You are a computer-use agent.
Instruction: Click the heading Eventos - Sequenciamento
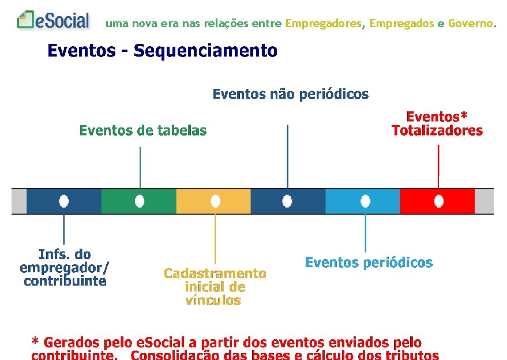[x=162, y=51]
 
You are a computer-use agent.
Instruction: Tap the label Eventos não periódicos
[x=290, y=94]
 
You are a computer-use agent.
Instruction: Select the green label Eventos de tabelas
[x=142, y=130]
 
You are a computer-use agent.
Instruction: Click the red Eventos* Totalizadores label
[x=437, y=123]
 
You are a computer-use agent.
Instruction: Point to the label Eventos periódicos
[x=369, y=262]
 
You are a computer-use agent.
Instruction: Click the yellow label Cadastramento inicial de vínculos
[x=215, y=287]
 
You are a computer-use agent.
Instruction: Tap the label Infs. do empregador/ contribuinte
[x=65, y=268]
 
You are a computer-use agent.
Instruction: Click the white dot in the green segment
[x=139, y=201]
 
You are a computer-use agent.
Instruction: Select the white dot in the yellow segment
[x=215, y=201]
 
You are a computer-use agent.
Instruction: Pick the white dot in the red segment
[x=439, y=201]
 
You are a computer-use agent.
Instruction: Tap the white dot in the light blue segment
[x=365, y=201]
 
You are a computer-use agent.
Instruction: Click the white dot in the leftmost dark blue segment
[x=63, y=201]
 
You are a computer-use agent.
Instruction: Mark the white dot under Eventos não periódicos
[x=287, y=201]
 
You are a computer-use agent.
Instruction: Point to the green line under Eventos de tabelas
[x=140, y=167]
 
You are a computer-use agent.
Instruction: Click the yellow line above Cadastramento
[x=215, y=238]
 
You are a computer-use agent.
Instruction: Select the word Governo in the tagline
[x=471, y=24]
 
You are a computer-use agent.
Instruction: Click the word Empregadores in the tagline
[x=324, y=24]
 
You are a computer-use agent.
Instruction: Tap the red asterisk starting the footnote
[x=36, y=341]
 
